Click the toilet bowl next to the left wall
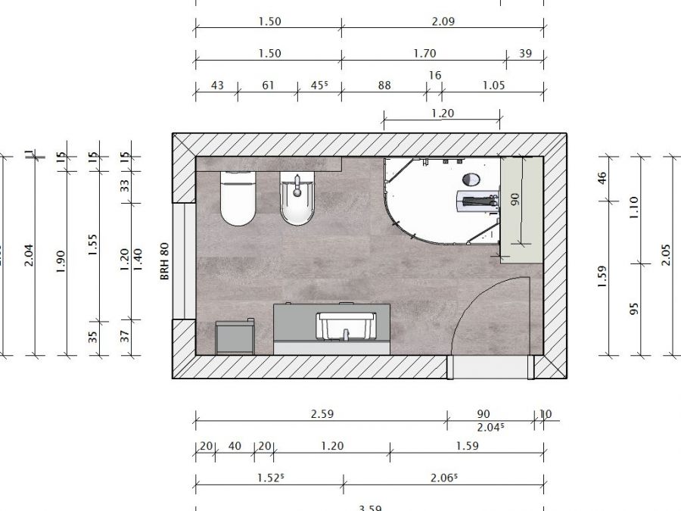click(x=238, y=200)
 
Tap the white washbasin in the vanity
click(x=345, y=326)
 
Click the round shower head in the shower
click(x=470, y=179)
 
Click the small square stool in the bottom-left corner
click(x=234, y=336)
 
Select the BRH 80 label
click(x=163, y=262)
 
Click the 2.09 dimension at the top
click(x=443, y=22)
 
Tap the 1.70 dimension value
click(x=425, y=54)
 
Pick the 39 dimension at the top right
click(x=526, y=54)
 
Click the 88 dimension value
click(x=384, y=86)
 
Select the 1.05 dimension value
click(x=493, y=86)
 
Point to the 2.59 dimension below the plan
click(x=322, y=414)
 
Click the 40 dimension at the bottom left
click(x=235, y=446)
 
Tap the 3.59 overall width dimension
click(x=369, y=507)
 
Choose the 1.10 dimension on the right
click(x=634, y=204)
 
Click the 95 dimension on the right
click(x=634, y=309)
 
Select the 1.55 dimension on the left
click(x=93, y=244)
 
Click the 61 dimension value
click(x=268, y=86)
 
